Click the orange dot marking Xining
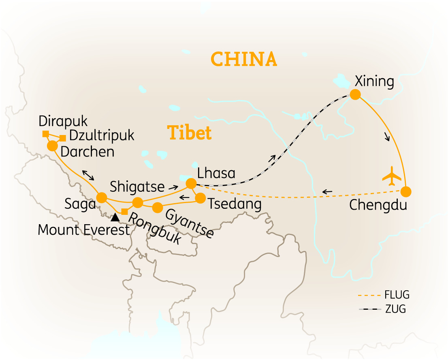[355, 94]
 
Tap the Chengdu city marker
[406, 191]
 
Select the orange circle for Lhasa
[191, 184]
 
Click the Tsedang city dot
[200, 198]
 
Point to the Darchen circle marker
[52, 146]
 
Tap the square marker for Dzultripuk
[62, 138]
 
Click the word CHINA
[244, 59]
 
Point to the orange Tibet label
[189, 133]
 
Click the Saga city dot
[101, 198]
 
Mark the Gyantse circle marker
[157, 207]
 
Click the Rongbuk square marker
[125, 212]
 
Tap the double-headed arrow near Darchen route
[89, 175]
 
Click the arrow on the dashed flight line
[327, 191]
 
